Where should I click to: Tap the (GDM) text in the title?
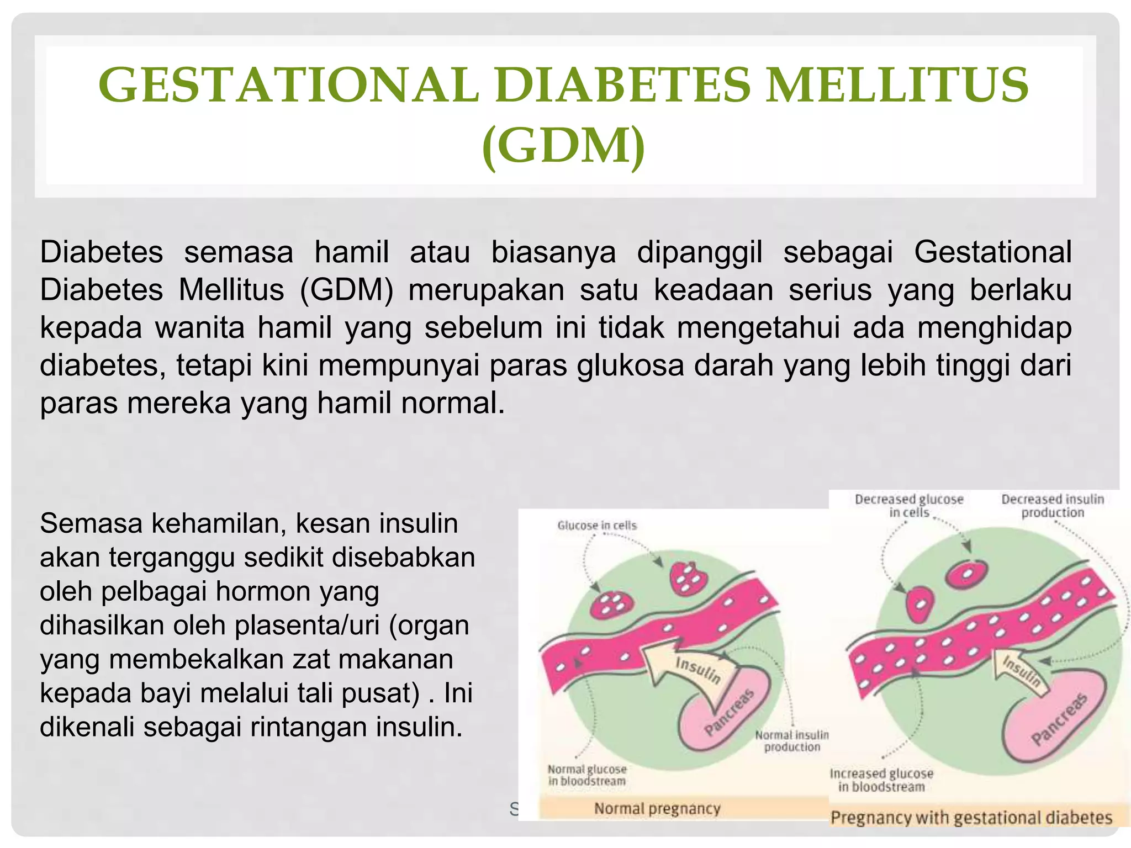[563, 145]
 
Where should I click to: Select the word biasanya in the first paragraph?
[553, 252]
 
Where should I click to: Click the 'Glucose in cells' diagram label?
[597, 526]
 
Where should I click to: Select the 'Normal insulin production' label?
[791, 741]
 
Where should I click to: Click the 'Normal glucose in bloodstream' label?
[586, 775]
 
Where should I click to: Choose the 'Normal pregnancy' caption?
[657, 808]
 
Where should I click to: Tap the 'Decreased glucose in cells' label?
[909, 506]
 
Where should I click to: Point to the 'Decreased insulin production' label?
[1052, 506]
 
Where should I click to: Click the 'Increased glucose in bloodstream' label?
[881, 780]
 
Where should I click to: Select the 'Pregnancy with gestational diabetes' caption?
[971, 817]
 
